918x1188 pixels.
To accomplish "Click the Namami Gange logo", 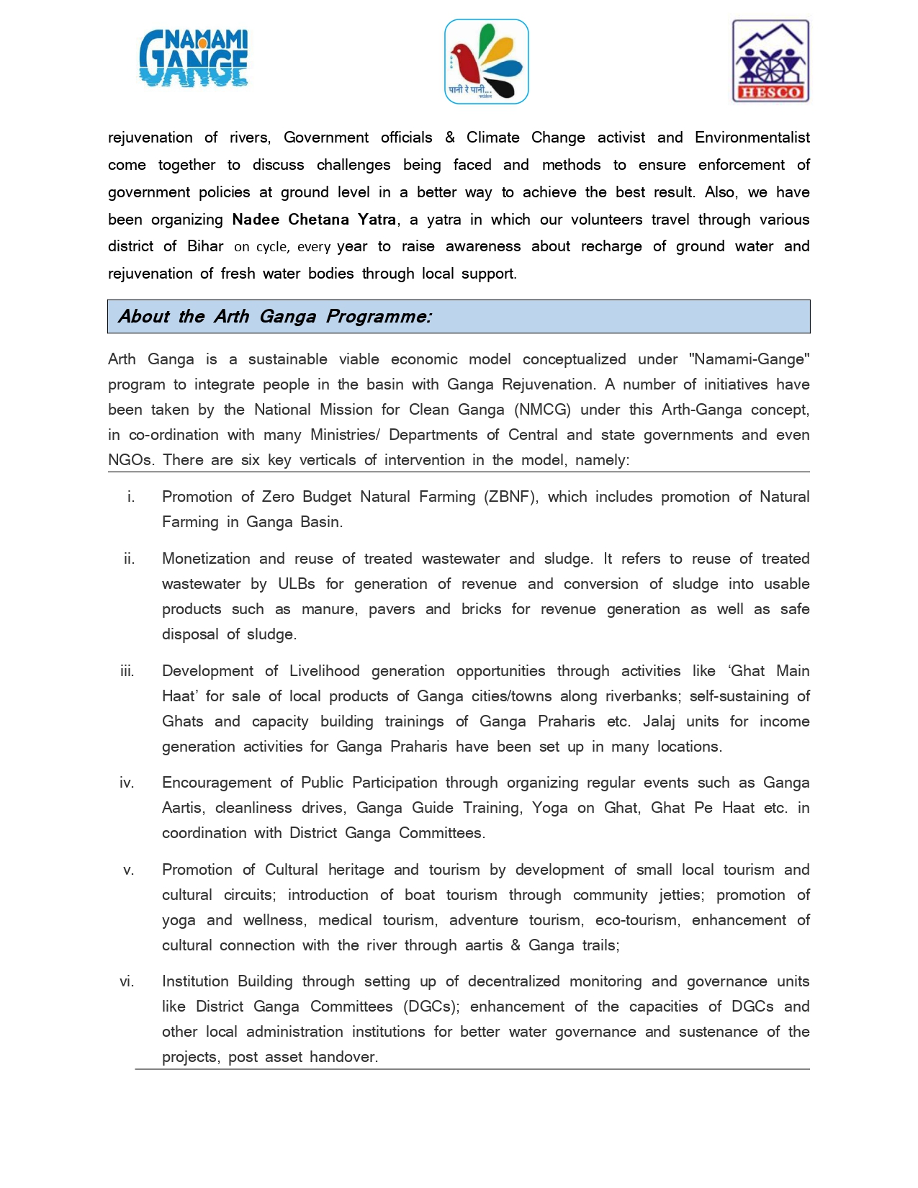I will click(193, 58).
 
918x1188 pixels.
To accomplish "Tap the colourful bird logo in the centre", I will click(486, 62).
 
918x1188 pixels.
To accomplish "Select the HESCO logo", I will click(770, 61).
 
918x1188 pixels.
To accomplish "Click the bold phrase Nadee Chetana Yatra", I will click(314, 220).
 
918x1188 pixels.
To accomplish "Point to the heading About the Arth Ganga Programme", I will click(275, 317).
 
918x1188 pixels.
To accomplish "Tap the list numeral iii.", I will click(127, 671).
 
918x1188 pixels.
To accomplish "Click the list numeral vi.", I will click(127, 981).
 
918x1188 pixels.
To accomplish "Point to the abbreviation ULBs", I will click(297, 584).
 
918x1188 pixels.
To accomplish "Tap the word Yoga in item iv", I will click(550, 808).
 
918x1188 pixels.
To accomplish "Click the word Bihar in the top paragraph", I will click(205, 246).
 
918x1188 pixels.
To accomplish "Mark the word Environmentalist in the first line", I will click(752, 138).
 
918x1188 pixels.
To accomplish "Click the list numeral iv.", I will click(127, 783).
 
